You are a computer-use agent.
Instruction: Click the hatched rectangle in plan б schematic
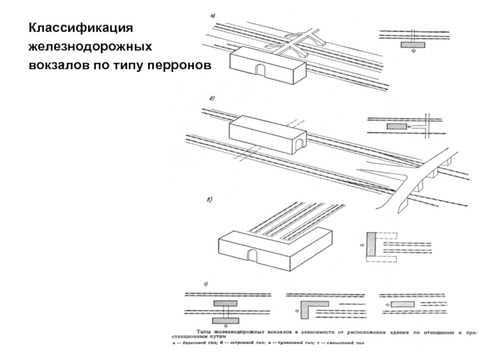(395, 127)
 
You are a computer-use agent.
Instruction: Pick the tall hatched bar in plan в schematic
(371, 246)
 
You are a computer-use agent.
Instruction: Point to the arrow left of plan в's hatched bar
(361, 246)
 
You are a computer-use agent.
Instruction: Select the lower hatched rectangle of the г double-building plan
(224, 320)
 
